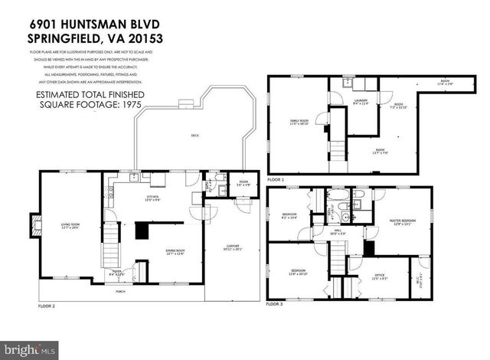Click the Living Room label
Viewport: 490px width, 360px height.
(x=70, y=224)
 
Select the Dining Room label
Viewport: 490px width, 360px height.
(x=175, y=252)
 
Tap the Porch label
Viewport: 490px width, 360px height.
(x=119, y=292)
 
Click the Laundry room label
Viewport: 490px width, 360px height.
(x=361, y=103)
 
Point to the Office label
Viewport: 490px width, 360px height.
(x=380, y=277)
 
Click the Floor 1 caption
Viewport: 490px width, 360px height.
(x=276, y=180)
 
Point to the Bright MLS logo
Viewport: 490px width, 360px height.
(x=30, y=350)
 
